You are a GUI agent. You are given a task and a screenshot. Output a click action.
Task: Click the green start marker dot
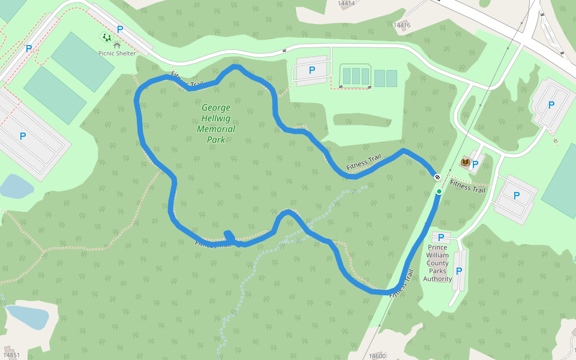coord(439,191)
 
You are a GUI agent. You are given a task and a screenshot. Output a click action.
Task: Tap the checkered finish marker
coord(437,177)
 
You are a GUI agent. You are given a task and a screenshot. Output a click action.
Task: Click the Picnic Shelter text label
coord(117,53)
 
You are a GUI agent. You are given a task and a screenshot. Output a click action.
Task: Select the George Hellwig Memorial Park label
coord(216,124)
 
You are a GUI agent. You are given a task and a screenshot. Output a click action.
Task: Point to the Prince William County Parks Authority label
coord(437,263)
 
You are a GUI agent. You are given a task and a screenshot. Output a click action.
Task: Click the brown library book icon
coord(465,163)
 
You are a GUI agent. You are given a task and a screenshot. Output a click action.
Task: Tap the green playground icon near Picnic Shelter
coord(106,37)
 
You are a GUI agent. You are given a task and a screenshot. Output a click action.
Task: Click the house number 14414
coord(346,4)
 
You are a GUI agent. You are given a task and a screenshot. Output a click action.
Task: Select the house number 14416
coord(401,25)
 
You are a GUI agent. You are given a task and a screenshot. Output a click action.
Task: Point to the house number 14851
coord(11,355)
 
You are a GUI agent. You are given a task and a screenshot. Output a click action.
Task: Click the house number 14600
coord(377,356)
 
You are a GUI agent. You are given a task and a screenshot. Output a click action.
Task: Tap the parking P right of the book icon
coord(475,164)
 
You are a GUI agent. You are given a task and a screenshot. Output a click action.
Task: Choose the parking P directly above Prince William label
coord(441,238)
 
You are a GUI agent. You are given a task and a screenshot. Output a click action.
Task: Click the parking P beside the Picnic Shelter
coord(120,29)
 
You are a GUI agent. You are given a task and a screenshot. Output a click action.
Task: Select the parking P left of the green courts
coord(312,70)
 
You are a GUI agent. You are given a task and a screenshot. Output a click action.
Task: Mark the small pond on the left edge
coord(15,187)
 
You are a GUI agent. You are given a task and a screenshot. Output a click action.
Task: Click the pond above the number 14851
coord(27,316)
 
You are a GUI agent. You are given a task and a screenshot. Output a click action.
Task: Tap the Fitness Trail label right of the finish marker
coord(467,187)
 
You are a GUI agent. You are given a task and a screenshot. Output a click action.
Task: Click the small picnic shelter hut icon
coord(117,44)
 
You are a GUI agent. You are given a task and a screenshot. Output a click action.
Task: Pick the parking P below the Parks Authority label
coord(459,271)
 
